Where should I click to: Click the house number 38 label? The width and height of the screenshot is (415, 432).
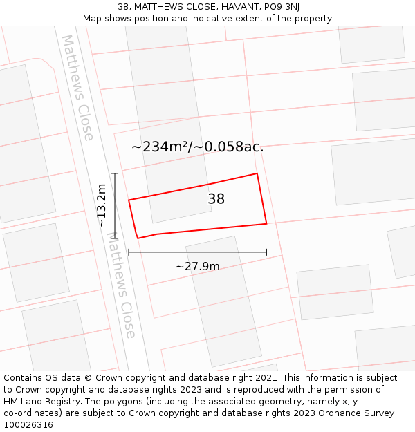(x=216, y=199)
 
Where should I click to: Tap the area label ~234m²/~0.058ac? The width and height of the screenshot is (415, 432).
(x=198, y=147)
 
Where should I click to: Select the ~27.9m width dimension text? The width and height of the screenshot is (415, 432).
(x=198, y=266)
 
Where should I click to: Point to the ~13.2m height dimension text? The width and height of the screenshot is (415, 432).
(x=101, y=205)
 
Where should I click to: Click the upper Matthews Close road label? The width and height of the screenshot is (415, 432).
(x=77, y=88)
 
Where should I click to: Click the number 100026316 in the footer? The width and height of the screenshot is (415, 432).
(x=28, y=425)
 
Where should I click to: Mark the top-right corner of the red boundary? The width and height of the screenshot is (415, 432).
(x=257, y=173)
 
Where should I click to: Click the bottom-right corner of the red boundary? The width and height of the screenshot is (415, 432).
(x=266, y=223)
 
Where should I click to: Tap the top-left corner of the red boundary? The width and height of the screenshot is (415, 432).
(x=129, y=200)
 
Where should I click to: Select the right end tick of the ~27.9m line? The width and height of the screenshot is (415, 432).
(x=266, y=252)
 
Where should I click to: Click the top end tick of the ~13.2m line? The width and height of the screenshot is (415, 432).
(x=115, y=173)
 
